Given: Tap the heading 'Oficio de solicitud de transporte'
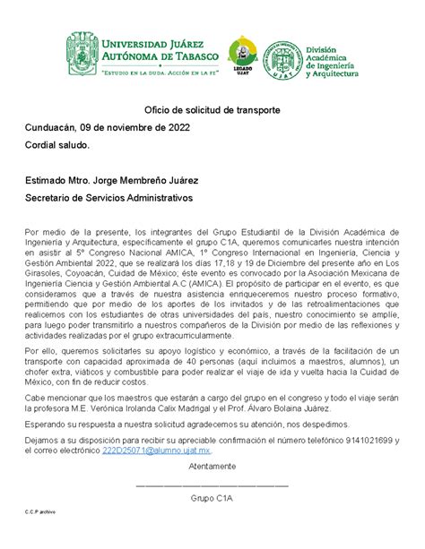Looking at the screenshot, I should click(x=212, y=109).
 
